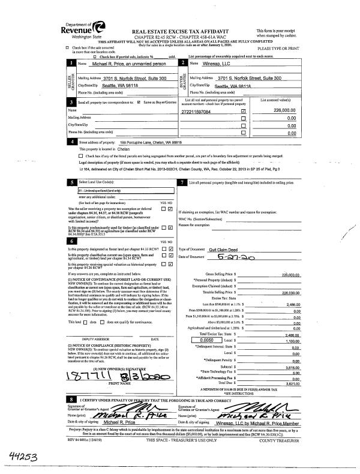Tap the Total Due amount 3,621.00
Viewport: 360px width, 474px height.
click(x=292, y=384)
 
